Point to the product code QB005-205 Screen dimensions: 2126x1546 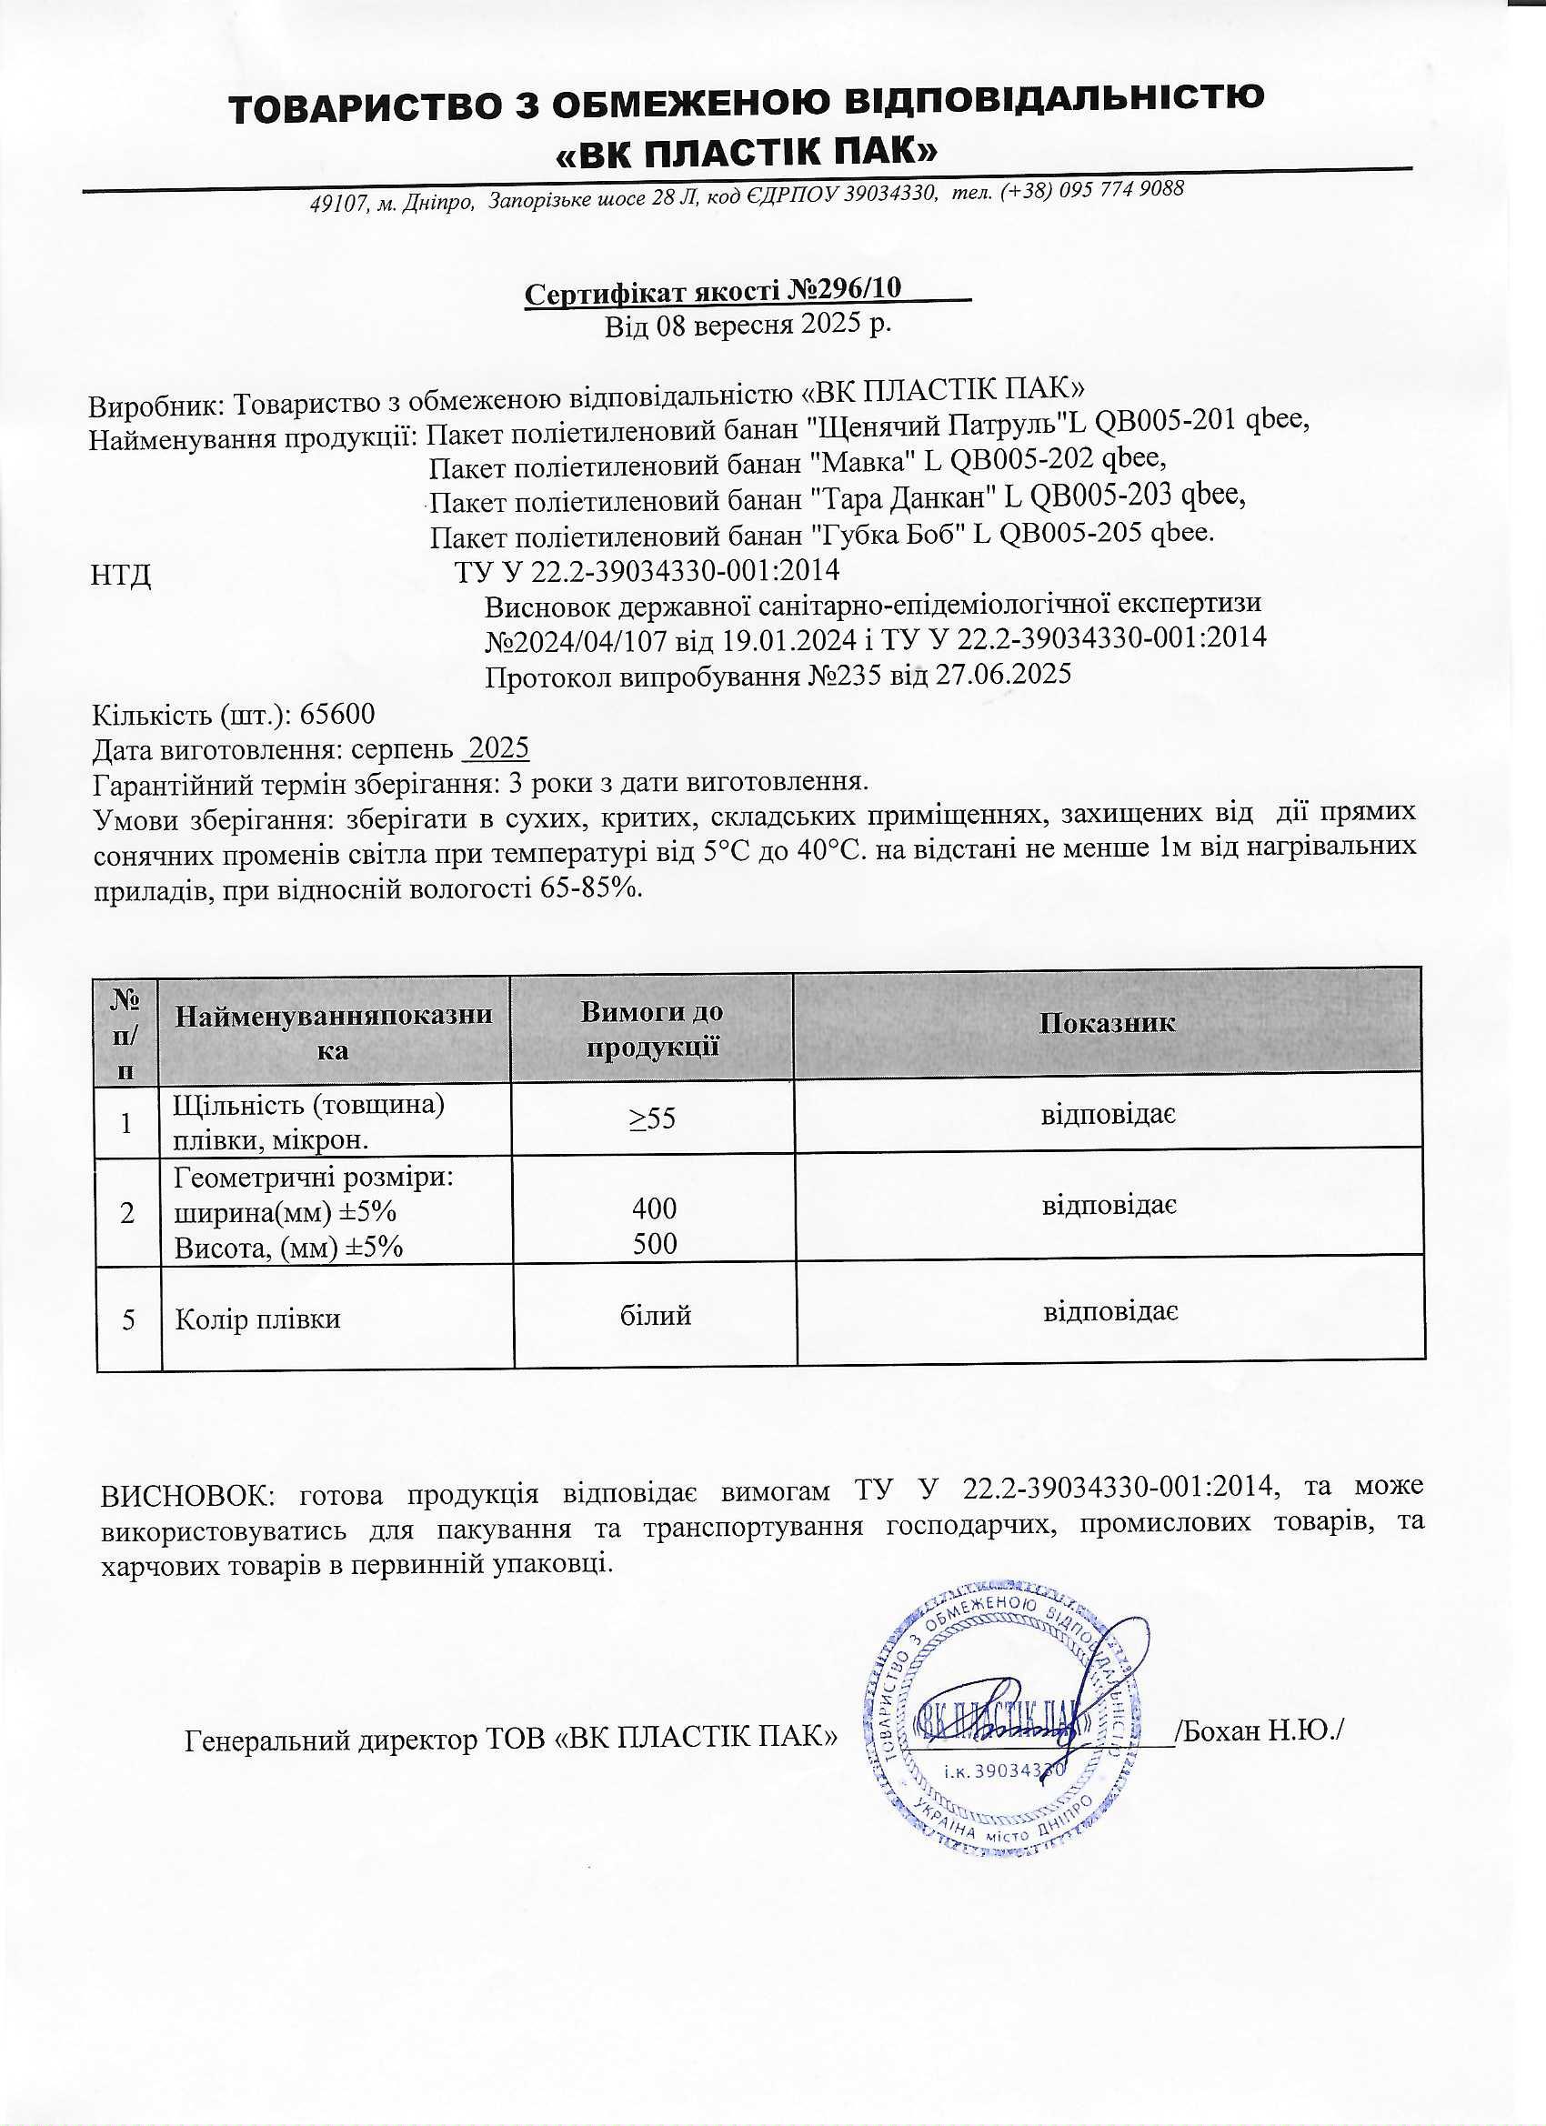point(1070,534)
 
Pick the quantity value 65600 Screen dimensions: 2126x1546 point(336,715)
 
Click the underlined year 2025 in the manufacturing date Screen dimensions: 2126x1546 point(498,749)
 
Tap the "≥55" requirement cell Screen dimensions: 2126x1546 point(653,1118)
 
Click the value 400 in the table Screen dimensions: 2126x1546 point(655,1208)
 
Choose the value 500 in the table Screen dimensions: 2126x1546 point(655,1243)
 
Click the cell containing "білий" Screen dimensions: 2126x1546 point(656,1316)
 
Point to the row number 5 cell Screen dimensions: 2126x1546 point(128,1319)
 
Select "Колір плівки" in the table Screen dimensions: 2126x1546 point(258,1319)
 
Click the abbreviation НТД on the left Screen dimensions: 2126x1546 point(121,574)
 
